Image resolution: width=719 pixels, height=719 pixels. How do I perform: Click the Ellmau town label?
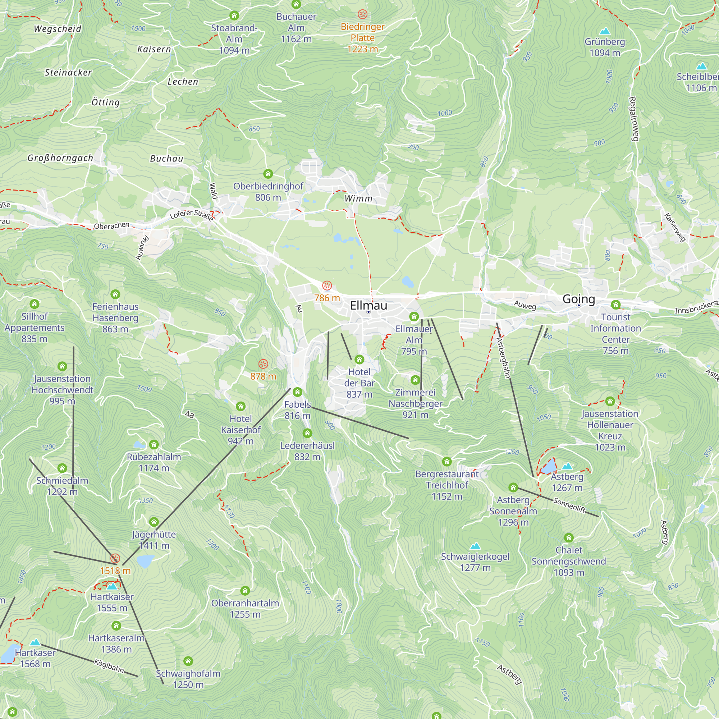368,306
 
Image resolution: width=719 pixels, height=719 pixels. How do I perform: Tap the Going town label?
578,299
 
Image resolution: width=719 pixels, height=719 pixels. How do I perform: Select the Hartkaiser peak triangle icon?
112,586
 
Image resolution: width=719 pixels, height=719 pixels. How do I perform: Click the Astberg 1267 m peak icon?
567,466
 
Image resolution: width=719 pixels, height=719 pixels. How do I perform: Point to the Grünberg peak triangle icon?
605,31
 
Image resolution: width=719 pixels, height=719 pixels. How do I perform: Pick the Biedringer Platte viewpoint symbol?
362,14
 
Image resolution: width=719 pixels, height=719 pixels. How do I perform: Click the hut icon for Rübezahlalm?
154,444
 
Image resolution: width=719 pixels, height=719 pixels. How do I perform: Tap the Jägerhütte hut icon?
154,522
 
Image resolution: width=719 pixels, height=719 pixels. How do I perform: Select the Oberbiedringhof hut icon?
268,174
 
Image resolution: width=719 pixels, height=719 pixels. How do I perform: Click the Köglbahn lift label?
109,666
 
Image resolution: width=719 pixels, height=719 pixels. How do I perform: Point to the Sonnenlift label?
569,505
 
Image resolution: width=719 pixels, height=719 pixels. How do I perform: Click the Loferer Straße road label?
192,215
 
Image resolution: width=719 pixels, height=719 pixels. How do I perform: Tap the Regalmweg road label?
633,119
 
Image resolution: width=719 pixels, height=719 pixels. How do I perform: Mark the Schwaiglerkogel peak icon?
475,546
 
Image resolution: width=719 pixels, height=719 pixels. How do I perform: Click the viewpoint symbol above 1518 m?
115,558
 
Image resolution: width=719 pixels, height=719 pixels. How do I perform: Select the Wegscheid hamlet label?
57,29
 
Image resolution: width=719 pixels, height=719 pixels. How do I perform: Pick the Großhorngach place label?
60,158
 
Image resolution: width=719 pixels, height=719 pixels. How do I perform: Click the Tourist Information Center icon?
615,305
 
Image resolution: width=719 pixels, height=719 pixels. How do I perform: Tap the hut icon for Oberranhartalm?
245,591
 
